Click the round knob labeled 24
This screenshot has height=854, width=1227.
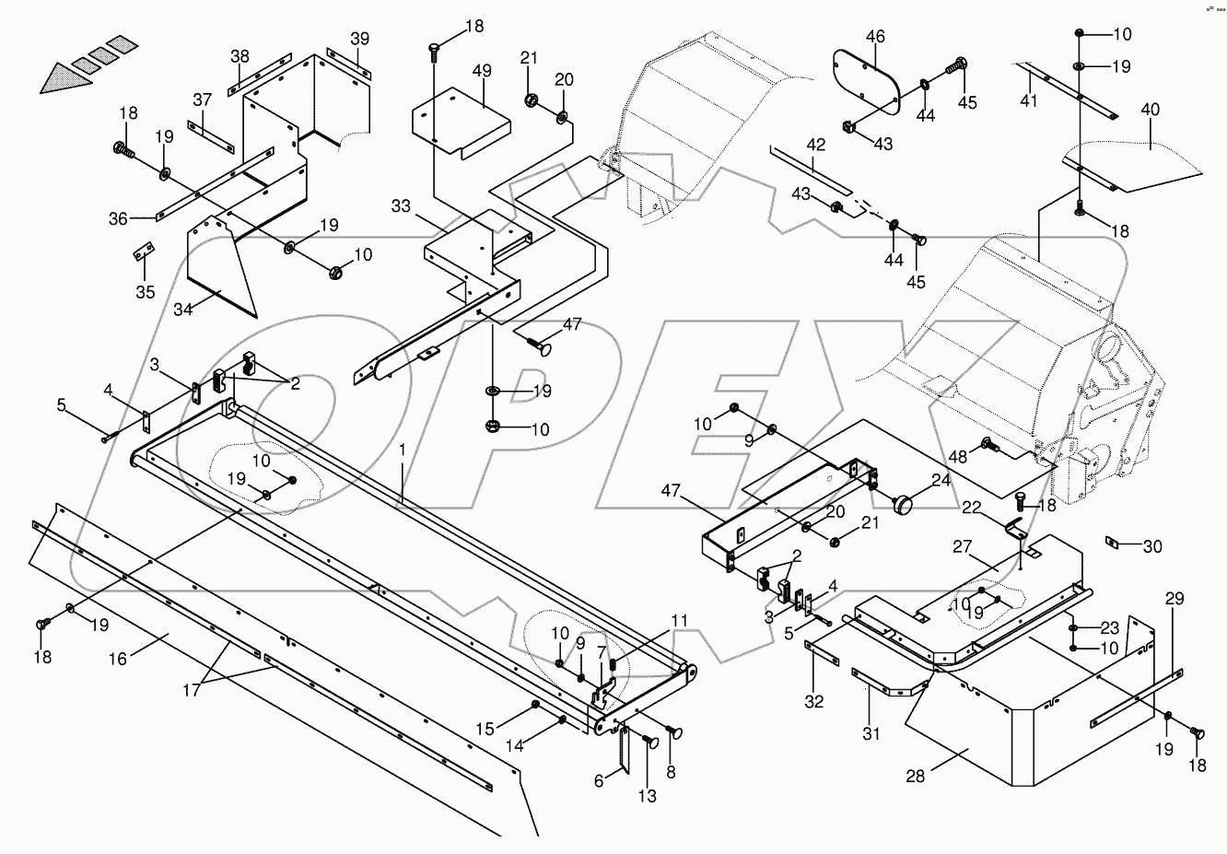904,505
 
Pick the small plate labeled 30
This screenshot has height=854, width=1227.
1112,543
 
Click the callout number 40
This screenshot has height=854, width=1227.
1151,110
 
